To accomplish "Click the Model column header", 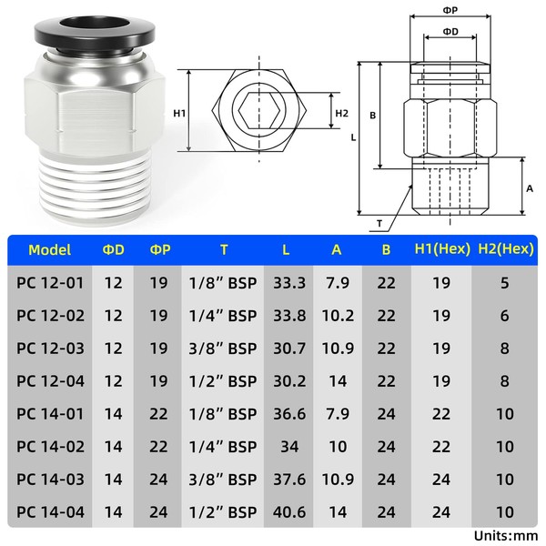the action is (x=49, y=250).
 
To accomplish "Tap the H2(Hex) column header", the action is (x=506, y=249).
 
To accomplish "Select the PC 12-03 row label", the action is (x=50, y=349).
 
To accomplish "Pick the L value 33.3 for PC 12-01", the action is (x=289, y=283).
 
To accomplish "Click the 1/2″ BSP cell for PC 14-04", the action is (x=223, y=512).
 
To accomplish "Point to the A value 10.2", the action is (x=338, y=316).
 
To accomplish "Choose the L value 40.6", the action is (x=289, y=512).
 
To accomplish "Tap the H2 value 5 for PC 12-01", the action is (x=505, y=283).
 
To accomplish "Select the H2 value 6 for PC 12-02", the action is (x=505, y=316).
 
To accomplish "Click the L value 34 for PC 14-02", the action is (x=289, y=447).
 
